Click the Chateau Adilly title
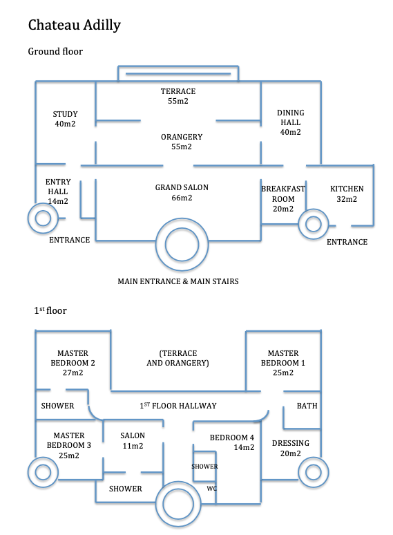(x=75, y=26)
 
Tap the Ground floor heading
(x=55, y=52)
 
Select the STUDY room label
(x=65, y=119)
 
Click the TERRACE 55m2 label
(x=178, y=96)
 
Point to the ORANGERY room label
(x=182, y=142)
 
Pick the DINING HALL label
(x=290, y=122)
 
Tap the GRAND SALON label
(x=182, y=192)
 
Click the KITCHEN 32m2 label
(x=347, y=194)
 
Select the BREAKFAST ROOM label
(x=283, y=198)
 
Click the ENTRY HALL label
(x=58, y=191)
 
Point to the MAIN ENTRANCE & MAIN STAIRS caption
(x=178, y=281)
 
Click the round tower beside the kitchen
(x=314, y=224)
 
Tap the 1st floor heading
(x=50, y=310)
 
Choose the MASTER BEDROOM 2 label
(x=73, y=363)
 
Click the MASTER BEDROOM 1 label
(x=283, y=363)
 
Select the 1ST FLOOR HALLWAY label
(x=178, y=405)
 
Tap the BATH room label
(x=307, y=406)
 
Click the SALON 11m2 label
(x=133, y=440)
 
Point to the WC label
(x=211, y=488)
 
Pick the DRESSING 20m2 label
(x=290, y=448)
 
